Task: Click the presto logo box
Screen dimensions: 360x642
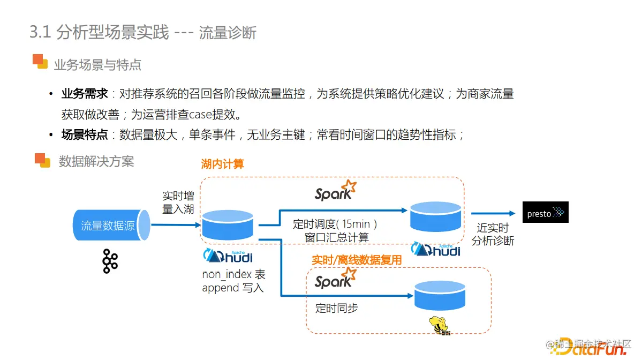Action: tap(545, 213)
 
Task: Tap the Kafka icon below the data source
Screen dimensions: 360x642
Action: tap(110, 261)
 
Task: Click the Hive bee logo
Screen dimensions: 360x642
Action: tap(439, 326)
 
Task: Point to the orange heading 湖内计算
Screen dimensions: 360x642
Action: tap(222, 164)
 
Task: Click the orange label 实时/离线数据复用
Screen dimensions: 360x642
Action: tap(357, 260)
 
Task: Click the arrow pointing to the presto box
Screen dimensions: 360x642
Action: tap(493, 213)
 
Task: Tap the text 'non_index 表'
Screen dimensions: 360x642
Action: tap(233, 274)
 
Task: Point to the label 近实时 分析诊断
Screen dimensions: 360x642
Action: tap(493, 235)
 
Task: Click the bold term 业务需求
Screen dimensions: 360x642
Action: tap(85, 94)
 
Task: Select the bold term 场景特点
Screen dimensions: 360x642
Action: tap(85, 134)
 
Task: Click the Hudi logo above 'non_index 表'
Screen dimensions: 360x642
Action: tap(228, 256)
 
